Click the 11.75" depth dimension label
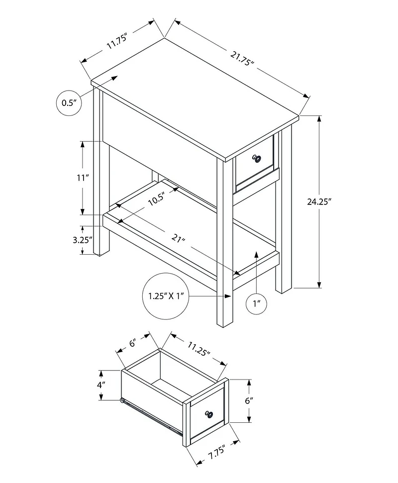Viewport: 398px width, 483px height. (117, 41)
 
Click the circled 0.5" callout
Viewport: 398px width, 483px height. (68, 103)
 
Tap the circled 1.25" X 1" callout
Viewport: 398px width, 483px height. (166, 295)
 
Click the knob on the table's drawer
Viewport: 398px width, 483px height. (257, 158)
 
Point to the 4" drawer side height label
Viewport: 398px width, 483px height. (100, 385)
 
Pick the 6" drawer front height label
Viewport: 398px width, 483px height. (249, 400)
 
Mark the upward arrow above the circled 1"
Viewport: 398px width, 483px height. (256, 255)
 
